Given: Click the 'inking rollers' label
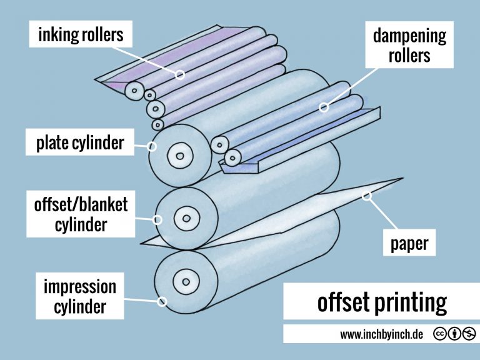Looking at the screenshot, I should pos(81,35).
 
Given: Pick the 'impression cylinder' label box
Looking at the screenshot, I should pos(79,297).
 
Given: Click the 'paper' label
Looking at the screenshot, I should pos(409,242).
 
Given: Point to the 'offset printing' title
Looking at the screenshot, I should pos(382,303).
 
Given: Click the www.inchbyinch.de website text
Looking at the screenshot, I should pos(381,334).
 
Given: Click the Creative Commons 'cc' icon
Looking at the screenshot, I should pos(439,334).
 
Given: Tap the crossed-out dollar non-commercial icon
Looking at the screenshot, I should pos(469,334).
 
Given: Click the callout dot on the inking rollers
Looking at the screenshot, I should pos(180,75).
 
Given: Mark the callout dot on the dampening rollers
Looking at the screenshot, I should pos(324,107).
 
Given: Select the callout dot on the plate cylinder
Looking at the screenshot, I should pos(152,147).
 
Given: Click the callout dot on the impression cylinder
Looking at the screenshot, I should pos(162,301).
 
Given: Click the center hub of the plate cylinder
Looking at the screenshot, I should pos(180,154).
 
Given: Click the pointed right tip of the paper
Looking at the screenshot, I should pos(402,179).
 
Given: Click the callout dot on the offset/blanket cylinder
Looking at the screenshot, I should pos(158,219).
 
